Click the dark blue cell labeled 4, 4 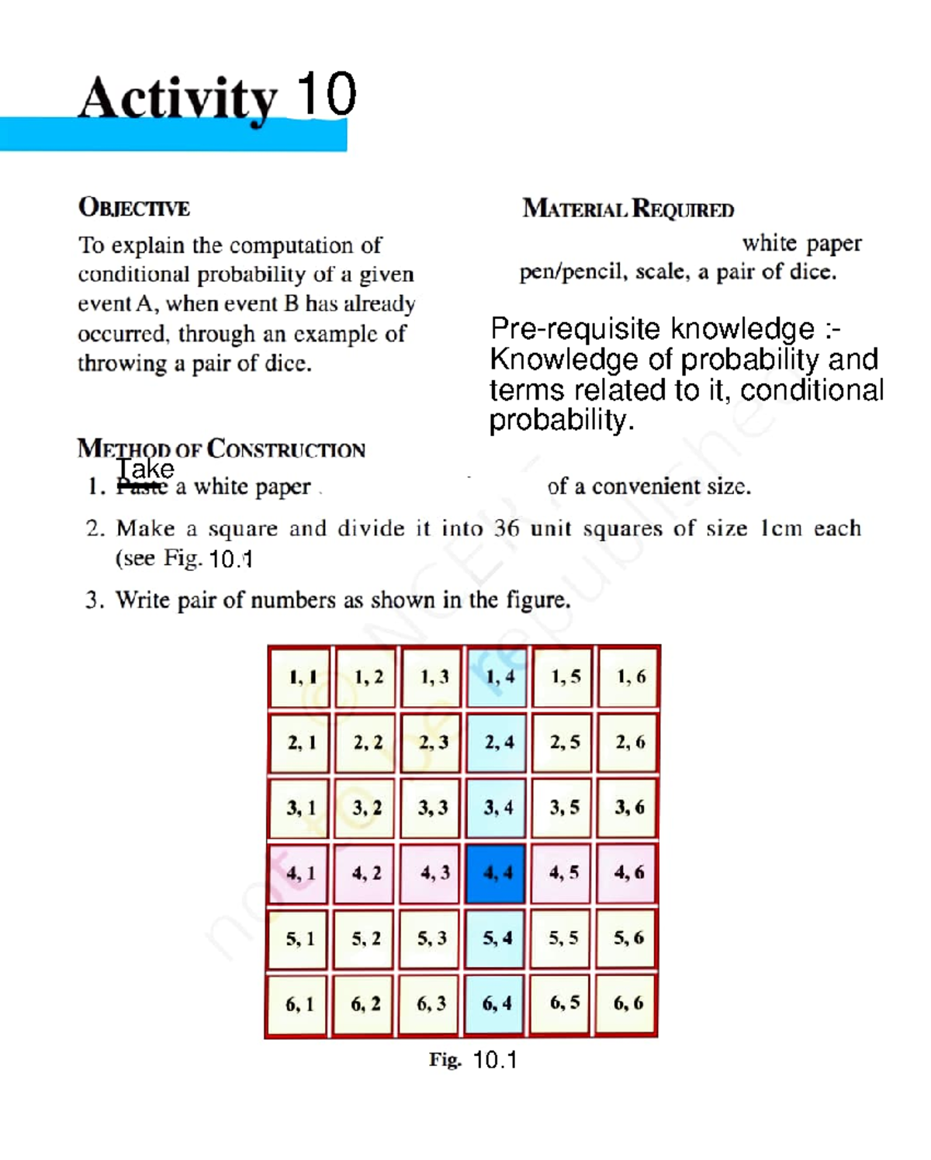[x=497, y=874]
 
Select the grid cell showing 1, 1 [x=300, y=677]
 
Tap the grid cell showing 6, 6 [x=628, y=1004]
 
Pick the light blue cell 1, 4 [x=497, y=677]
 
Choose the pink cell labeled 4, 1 [x=299, y=874]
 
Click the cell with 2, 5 [x=563, y=743]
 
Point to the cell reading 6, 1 [x=299, y=1005]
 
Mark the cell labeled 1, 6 [x=629, y=677]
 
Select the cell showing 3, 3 [x=432, y=809]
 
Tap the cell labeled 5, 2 [x=365, y=940]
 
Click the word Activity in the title [x=178, y=99]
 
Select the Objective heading [x=133, y=208]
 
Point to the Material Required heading [x=628, y=209]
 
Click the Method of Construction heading [x=221, y=449]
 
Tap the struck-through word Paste [x=141, y=487]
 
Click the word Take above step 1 [x=145, y=469]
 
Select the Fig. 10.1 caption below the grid [x=472, y=1060]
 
